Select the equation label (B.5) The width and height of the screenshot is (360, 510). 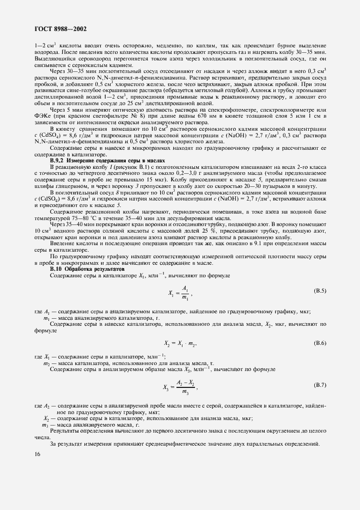[x=320, y=292]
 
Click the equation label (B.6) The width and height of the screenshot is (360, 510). [x=320, y=343]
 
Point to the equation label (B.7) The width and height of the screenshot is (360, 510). [x=320, y=386]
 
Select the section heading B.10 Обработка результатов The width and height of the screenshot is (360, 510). [x=87, y=269]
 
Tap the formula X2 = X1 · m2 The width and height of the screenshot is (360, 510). [x=180, y=343]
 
